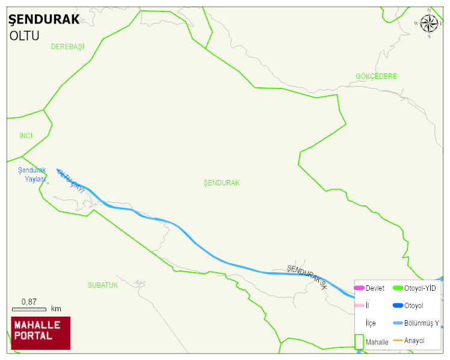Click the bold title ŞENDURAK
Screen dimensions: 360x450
pyautogui.click(x=44, y=19)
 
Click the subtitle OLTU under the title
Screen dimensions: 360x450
pyautogui.click(x=25, y=36)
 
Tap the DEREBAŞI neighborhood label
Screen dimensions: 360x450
pyautogui.click(x=68, y=47)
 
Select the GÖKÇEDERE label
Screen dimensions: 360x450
pyautogui.click(x=377, y=76)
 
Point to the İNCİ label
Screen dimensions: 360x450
pyautogui.click(x=26, y=136)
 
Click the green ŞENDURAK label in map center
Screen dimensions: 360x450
pyautogui.click(x=221, y=183)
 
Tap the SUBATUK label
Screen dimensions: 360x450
pyautogui.click(x=103, y=285)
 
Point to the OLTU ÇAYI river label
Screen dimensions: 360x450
pyautogui.click(x=70, y=180)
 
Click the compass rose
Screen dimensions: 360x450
pyautogui.click(x=429, y=23)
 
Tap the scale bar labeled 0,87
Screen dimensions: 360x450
pyautogui.click(x=29, y=309)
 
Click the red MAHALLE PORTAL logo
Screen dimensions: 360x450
pyautogui.click(x=40, y=333)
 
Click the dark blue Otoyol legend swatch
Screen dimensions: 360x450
pyautogui.click(x=398, y=306)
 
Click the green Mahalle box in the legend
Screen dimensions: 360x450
pyautogui.click(x=359, y=341)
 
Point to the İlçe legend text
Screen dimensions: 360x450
pyautogui.click(x=371, y=323)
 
